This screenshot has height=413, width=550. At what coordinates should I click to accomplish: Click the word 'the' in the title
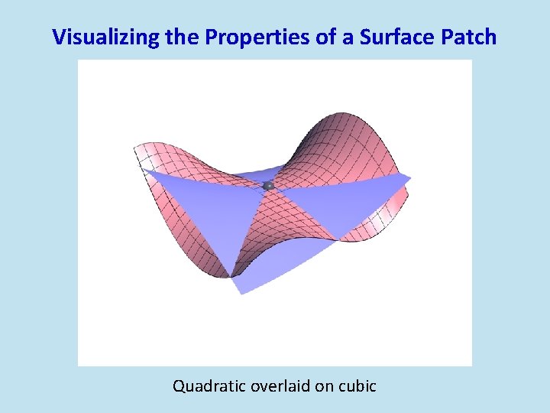180,37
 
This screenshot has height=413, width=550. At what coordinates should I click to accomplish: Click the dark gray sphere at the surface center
268,186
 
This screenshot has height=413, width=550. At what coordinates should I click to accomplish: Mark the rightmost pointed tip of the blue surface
410,180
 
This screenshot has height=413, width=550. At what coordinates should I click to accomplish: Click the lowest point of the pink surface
229,277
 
